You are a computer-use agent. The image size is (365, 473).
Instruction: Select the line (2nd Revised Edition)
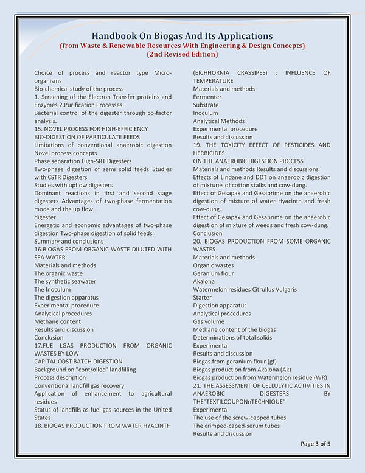click(x=182, y=54)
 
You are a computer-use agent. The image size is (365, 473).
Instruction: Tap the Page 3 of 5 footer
click(x=316, y=444)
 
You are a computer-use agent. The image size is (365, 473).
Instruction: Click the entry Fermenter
click(x=207, y=97)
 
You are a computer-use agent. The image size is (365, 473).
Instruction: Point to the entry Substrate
click(x=206, y=105)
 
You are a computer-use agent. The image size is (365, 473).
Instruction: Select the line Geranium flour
click(x=213, y=273)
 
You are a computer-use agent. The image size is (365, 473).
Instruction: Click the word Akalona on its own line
click(x=204, y=281)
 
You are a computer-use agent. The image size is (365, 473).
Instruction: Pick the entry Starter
click(x=203, y=298)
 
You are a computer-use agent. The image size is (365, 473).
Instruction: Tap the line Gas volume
click(x=209, y=321)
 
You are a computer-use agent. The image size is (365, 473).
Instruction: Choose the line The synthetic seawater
click(x=65, y=281)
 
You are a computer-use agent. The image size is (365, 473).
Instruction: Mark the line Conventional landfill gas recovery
click(x=79, y=385)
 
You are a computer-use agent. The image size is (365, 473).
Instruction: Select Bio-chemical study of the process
click(x=79, y=89)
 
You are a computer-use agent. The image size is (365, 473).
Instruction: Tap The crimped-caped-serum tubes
click(x=237, y=426)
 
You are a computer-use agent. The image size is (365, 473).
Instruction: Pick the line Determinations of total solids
click(x=233, y=337)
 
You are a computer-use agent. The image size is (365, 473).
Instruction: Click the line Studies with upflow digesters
click(x=74, y=185)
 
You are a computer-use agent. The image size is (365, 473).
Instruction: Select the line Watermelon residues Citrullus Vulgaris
click(x=245, y=289)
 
